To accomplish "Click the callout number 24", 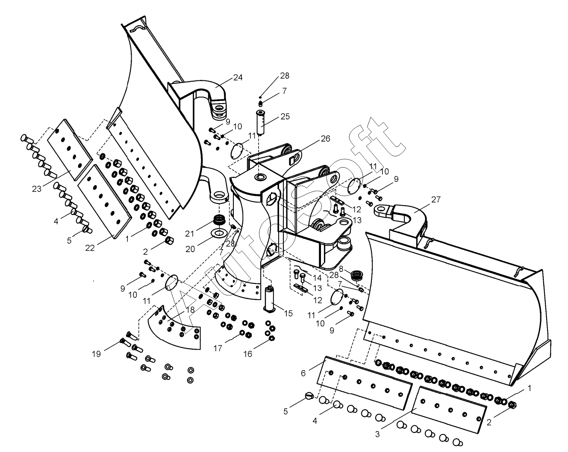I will click(x=238, y=77).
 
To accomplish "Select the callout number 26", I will click(x=325, y=139).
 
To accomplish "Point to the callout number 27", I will click(x=436, y=199).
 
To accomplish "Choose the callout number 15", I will click(x=288, y=313).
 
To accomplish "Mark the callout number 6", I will click(x=303, y=373).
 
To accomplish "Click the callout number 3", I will click(x=377, y=434).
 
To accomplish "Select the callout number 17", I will click(x=218, y=348).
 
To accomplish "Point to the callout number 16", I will click(x=248, y=354).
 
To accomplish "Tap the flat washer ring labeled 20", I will click(x=219, y=233).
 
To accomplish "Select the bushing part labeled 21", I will click(x=219, y=222).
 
